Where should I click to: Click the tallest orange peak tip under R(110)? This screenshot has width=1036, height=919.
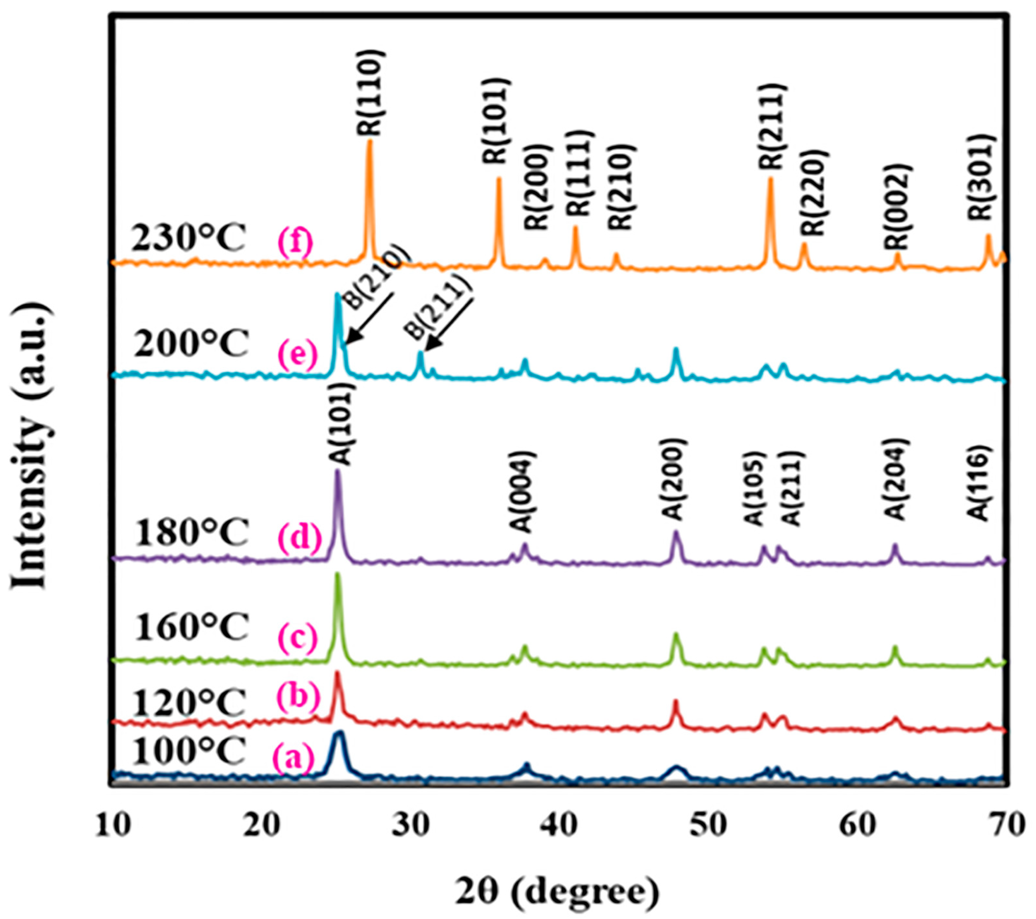(369, 141)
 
